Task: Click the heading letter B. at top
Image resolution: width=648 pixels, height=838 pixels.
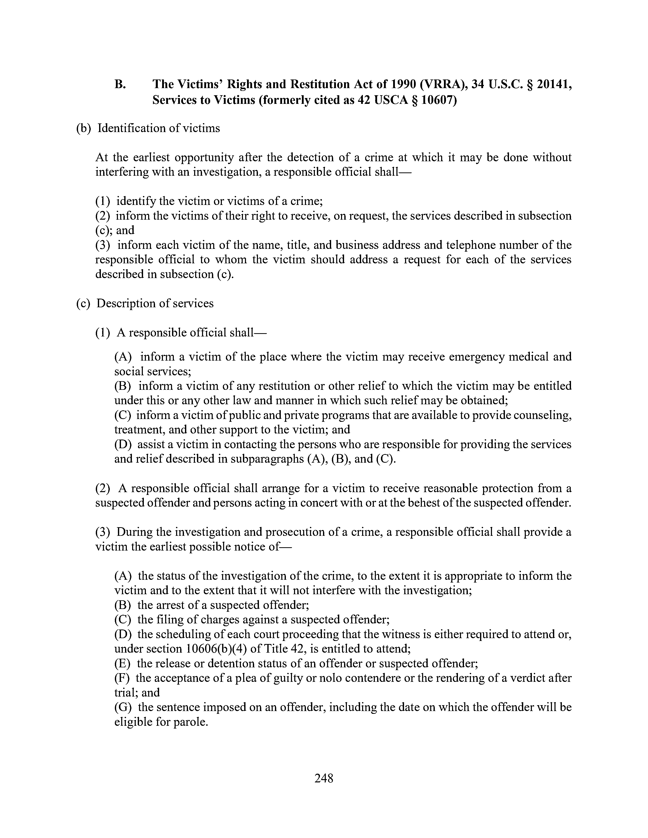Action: click(x=120, y=84)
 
